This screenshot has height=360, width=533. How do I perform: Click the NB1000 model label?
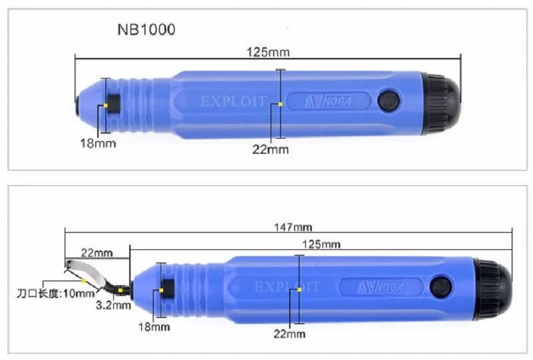click(x=146, y=29)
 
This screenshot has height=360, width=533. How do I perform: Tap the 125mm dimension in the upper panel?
click(x=268, y=53)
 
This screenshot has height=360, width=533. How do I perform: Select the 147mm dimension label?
click(x=293, y=227)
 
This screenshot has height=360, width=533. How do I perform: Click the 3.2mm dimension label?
click(x=113, y=305)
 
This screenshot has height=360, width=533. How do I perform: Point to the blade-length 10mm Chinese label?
click(x=56, y=293)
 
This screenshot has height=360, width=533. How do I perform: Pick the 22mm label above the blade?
click(x=97, y=253)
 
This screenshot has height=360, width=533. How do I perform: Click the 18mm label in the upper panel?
click(x=98, y=143)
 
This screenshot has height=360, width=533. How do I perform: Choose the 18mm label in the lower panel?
click(x=154, y=327)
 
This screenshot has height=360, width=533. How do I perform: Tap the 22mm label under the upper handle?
click(x=270, y=149)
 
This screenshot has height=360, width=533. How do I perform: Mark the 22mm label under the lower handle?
click(x=290, y=334)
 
